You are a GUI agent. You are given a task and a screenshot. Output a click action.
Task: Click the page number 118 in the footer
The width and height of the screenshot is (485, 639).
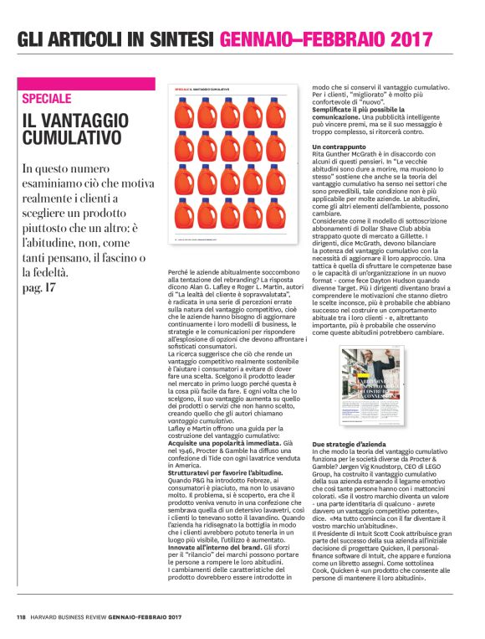click(22, 619)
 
